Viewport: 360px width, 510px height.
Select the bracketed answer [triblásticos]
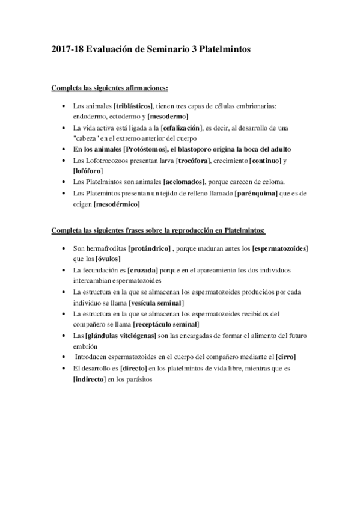tap(133, 106)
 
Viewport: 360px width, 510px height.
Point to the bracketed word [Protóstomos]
tap(151, 149)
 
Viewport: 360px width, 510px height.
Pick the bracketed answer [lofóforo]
tap(88, 171)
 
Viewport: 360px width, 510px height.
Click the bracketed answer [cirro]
tap(285, 357)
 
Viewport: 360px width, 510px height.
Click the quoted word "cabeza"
tap(87, 138)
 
